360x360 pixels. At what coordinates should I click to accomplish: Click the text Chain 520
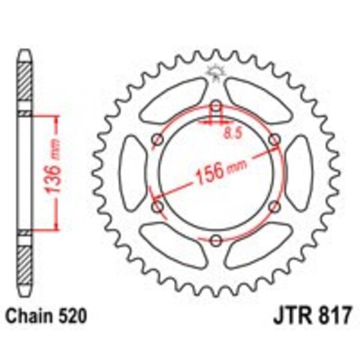46,313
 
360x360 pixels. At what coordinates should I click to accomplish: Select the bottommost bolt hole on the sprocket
215,241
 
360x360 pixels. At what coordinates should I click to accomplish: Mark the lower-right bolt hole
274,207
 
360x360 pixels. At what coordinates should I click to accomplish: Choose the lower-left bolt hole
157,207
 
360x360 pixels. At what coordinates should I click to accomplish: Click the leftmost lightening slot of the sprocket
131,173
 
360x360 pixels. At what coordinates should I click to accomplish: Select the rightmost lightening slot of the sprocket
299,173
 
